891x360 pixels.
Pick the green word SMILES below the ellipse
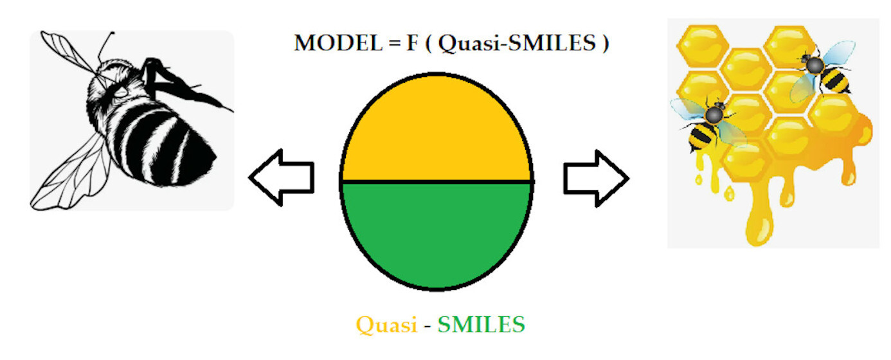click(481, 325)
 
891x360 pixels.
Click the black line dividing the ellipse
click(437, 181)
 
